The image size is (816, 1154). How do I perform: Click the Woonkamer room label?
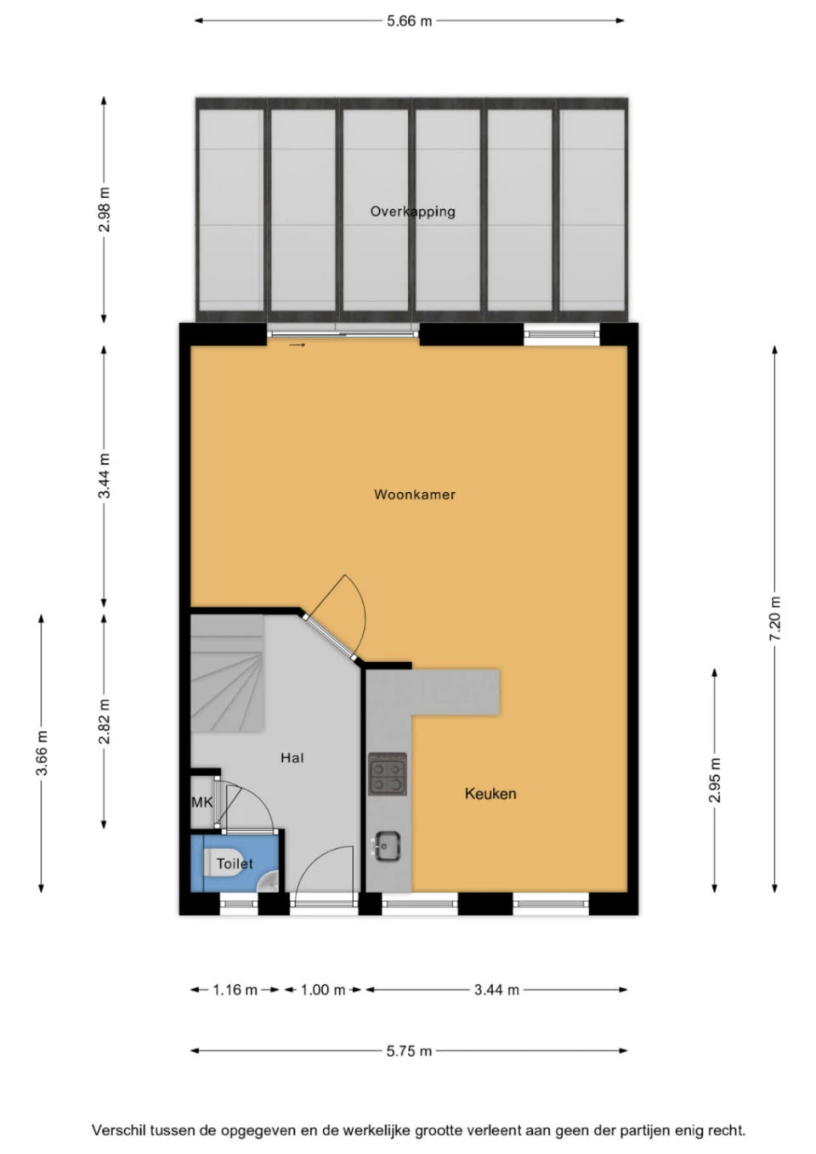(x=414, y=495)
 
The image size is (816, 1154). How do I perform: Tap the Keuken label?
(x=490, y=794)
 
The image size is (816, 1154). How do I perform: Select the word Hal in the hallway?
(x=292, y=758)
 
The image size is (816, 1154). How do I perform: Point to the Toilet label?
(x=235, y=863)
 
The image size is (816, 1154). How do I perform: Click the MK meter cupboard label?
(x=202, y=802)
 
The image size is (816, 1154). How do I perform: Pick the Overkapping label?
(x=412, y=212)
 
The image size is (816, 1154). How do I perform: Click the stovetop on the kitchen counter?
(x=388, y=774)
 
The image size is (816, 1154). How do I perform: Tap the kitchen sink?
(x=388, y=846)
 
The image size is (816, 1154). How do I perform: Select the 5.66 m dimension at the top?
(x=409, y=21)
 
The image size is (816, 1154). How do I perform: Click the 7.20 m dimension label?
(x=774, y=619)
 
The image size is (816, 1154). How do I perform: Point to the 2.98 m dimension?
(x=104, y=210)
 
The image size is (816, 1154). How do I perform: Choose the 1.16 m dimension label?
(x=235, y=990)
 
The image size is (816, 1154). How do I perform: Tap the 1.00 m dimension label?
(x=322, y=990)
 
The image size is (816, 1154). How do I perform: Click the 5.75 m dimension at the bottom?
(x=409, y=1051)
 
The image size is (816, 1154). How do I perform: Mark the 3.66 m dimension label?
(x=41, y=753)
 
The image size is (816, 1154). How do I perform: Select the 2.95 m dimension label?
(x=714, y=780)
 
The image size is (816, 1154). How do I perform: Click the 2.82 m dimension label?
(x=104, y=721)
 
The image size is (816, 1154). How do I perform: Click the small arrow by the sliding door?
(x=297, y=345)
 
